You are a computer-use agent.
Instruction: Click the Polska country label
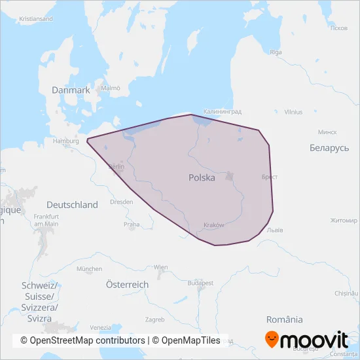pos(202,177)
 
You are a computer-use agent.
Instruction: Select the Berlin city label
pos(115,167)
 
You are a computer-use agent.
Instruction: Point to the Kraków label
pos(214,225)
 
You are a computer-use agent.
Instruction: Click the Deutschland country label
pos(72,205)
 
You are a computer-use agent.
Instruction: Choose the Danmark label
pos(72,90)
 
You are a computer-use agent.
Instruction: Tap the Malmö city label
pos(111,88)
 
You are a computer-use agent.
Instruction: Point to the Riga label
pos(276,52)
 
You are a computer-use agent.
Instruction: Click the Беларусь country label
pos(329,149)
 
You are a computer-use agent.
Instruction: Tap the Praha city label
pos(132,225)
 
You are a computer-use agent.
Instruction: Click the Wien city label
pos(160,267)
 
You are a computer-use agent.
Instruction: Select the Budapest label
pos(200,283)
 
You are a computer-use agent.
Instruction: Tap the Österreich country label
pos(127,285)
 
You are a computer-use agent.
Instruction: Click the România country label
pos(285,319)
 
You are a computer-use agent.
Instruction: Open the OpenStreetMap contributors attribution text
pos(82,340)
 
